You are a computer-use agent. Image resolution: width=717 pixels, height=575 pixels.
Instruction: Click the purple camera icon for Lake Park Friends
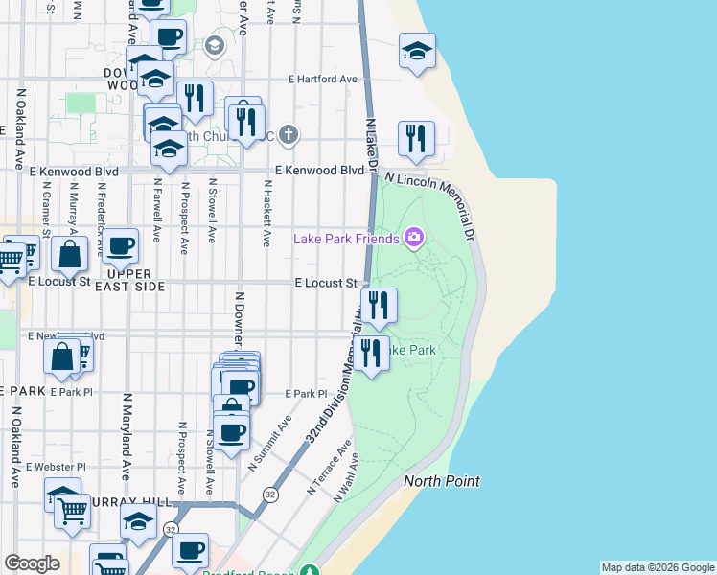pos(414,237)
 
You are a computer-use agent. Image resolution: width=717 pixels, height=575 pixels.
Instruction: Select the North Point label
pos(441,481)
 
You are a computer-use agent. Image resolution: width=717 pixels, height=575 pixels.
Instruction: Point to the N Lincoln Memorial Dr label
pos(429,206)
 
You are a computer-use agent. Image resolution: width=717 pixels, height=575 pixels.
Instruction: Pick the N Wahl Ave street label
pos(345,478)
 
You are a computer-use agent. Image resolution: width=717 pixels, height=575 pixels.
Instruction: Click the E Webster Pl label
pos(57,467)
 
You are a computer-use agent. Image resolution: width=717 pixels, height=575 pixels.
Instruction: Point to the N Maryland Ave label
pos(126,436)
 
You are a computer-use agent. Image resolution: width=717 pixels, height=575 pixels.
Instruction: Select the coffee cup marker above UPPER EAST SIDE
pos(120,247)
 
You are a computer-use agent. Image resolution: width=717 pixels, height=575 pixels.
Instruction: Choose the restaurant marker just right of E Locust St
pos(379,305)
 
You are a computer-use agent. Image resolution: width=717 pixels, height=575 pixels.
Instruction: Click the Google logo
pos(32,563)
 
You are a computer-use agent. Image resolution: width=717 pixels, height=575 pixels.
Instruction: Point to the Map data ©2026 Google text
pos(658,567)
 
